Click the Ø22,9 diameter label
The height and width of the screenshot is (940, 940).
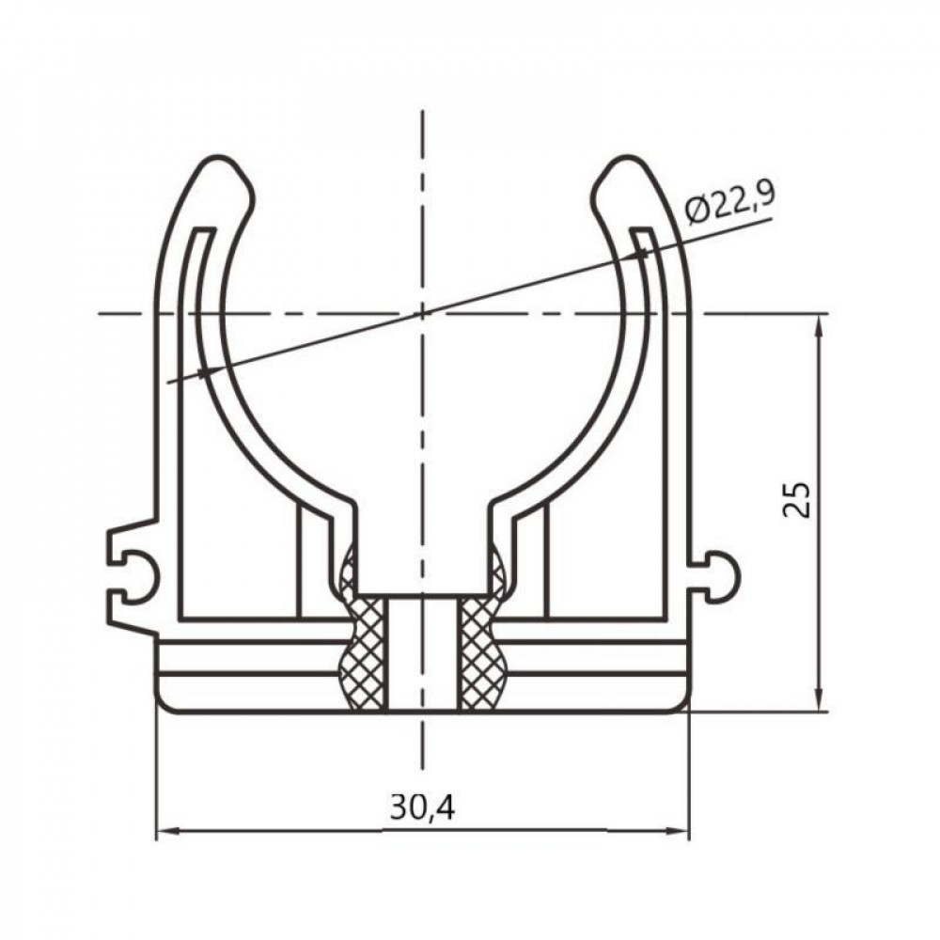pos(729,201)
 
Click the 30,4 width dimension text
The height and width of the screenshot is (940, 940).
pos(422,807)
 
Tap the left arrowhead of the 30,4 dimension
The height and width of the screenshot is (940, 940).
pos(165,830)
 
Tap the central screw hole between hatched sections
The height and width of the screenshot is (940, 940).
pos(423,653)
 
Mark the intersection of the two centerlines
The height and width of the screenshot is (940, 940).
pos(423,312)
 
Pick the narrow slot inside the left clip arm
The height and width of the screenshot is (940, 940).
pos(192,282)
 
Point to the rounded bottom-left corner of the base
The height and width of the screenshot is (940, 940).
pos(164,703)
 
